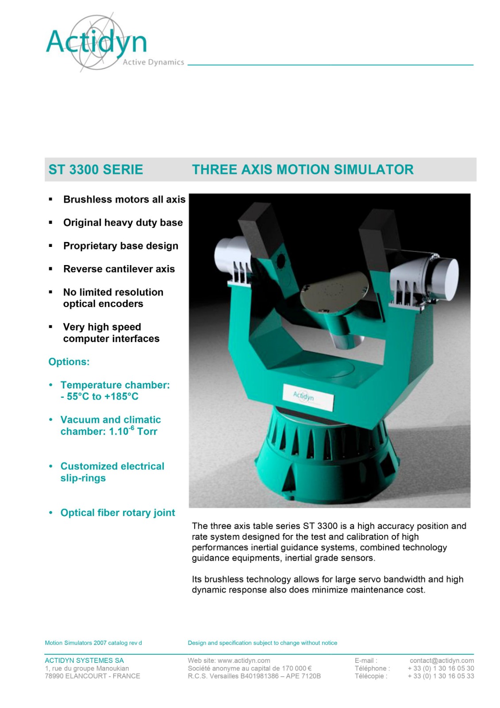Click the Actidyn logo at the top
115,42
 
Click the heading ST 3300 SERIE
96,170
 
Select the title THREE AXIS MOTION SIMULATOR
303,170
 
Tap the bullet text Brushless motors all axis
124,200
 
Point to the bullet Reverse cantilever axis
119,269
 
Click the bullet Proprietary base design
121,246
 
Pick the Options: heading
69,362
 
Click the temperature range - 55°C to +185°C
100,396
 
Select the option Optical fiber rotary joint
118,513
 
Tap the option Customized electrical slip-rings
112,472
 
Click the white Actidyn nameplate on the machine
308,397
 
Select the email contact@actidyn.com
442,660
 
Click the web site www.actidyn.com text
229,660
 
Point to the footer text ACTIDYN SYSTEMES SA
85,660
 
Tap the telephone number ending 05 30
441,668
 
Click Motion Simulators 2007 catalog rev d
93,643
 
